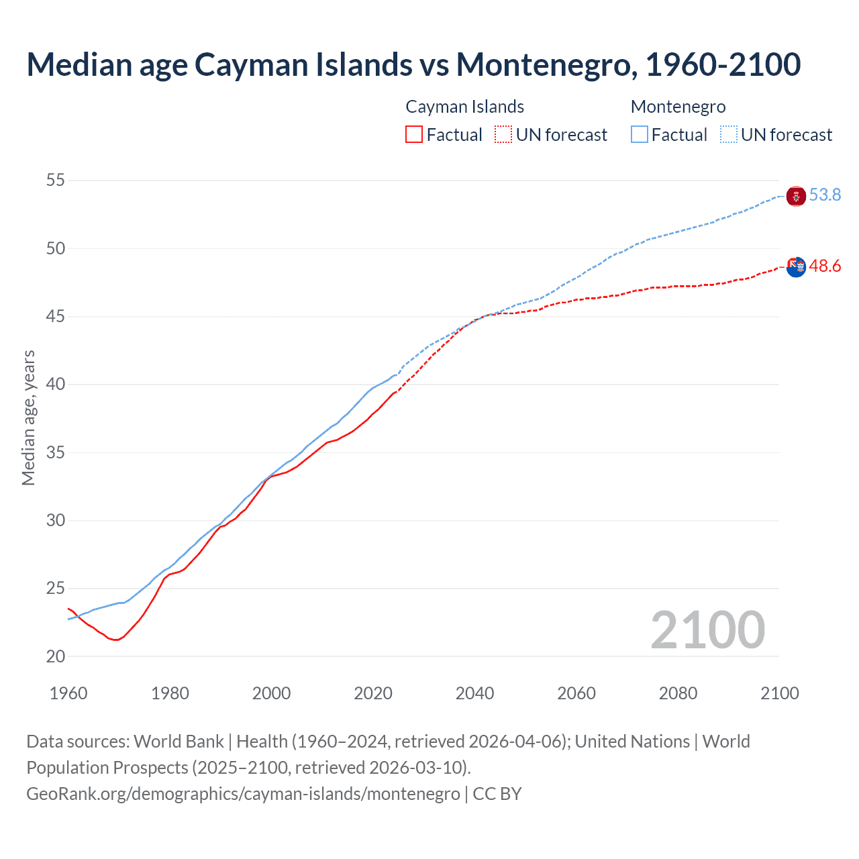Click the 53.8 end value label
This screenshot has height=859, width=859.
[825, 195]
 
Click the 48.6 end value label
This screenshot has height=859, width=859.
[825, 266]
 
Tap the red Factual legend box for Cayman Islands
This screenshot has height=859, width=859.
[414, 135]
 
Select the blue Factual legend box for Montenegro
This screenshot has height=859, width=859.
[640, 135]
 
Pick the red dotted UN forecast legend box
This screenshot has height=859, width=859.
[503, 135]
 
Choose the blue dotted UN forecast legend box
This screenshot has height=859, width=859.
[729, 135]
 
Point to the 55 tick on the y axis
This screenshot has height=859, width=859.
[56, 181]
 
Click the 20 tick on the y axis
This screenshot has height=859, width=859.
[56, 656]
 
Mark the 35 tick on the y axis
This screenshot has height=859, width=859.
[56, 452]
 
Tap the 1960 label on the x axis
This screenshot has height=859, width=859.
[68, 693]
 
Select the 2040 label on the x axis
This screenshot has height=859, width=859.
[474, 693]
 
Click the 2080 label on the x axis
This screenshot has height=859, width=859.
[678, 693]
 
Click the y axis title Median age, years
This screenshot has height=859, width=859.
[28, 417]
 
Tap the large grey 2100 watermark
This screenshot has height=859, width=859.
[707, 630]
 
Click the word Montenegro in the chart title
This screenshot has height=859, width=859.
[544, 65]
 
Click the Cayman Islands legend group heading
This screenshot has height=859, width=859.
[464, 107]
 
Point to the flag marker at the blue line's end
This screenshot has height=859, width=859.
[796, 196]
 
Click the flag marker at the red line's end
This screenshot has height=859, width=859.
[796, 267]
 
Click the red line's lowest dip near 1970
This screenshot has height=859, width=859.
[116, 640]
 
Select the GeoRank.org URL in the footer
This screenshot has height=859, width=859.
[243, 794]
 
